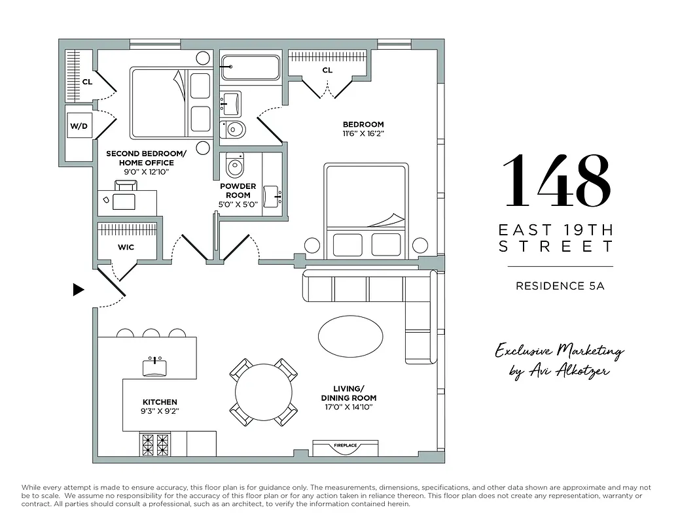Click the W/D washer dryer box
click(79, 126)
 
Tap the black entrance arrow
click(79, 290)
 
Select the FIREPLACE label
click(345, 446)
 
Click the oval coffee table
click(351, 337)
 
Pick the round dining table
click(264, 392)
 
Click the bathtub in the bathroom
click(249, 66)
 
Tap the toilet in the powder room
click(234, 166)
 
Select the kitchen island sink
click(154, 366)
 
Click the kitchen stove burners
click(154, 444)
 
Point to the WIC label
click(126, 248)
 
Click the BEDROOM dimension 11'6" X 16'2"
click(363, 134)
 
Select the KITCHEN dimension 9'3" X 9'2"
click(160, 412)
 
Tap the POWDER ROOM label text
click(238, 190)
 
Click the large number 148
click(556, 180)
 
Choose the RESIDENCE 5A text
click(560, 286)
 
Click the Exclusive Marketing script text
click(559, 352)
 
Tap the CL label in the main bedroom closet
click(327, 70)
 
